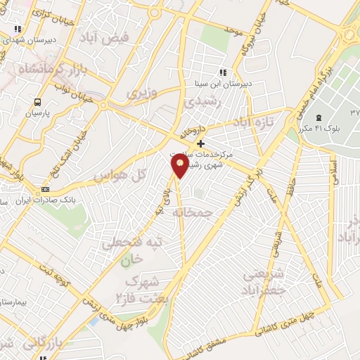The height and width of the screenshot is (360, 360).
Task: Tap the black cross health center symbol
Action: click(x=201, y=143)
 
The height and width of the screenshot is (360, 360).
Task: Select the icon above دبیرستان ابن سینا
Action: click(x=223, y=72)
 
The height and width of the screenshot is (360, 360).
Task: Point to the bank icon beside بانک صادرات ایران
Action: click(x=46, y=189)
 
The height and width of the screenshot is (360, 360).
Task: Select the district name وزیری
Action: click(x=141, y=92)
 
